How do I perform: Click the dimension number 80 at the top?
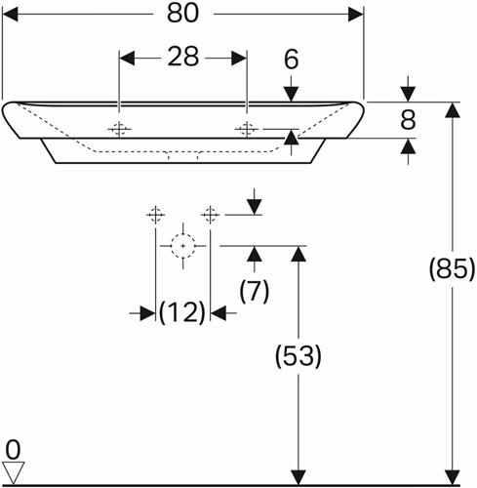tap(182, 14)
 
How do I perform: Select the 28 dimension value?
tap(183, 57)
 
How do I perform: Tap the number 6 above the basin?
tap(291, 60)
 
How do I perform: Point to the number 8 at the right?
tap(408, 120)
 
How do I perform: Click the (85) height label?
tap(453, 269)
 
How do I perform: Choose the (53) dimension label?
tap(298, 356)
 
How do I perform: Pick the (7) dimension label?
tap(255, 291)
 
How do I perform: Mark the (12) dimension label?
tap(182, 312)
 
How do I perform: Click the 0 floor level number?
tap(13, 450)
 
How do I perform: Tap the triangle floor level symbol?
tap(13, 472)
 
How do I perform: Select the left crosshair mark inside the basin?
tap(119, 130)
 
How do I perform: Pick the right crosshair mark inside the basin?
tap(247, 130)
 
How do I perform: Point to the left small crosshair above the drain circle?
tap(156, 215)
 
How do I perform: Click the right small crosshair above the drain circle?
tap(211, 215)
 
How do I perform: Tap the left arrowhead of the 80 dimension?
tap(10, 15)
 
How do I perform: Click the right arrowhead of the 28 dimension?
tap(239, 59)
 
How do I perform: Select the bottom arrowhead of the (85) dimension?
tap(453, 477)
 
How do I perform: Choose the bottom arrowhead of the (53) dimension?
tap(298, 477)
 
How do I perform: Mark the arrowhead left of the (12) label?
tap(147, 313)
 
